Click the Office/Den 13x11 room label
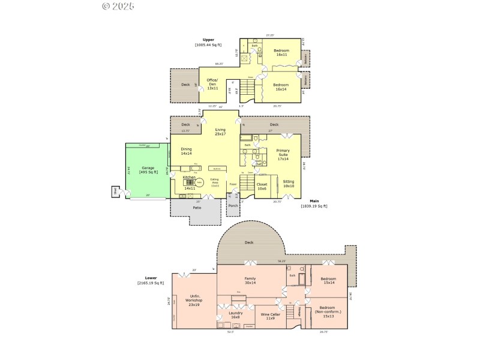tap(212, 83)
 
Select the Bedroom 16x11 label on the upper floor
tap(281, 53)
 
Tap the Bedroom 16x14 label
tap(281, 87)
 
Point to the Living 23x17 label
tap(220, 131)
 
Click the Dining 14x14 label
tap(186, 151)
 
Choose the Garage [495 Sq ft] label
tap(148, 170)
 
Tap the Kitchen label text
tap(189, 178)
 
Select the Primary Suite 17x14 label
tap(283, 155)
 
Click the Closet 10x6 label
tap(262, 186)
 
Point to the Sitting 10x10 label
tap(288, 184)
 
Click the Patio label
tap(197, 208)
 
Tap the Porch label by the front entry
tap(233, 205)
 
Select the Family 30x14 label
tap(250, 280)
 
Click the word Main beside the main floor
tap(314, 201)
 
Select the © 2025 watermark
tap(118, 6)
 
